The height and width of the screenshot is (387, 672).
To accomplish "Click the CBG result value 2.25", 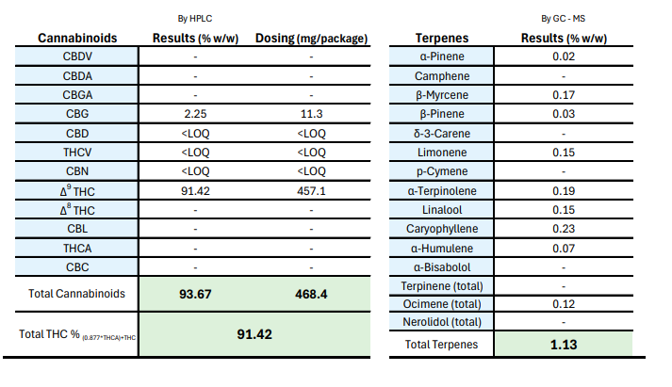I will [194, 114].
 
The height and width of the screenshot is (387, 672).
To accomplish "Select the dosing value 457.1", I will [310, 190].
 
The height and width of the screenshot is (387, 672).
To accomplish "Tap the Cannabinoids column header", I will [76, 38].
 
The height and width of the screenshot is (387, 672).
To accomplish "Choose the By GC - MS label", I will [562, 17].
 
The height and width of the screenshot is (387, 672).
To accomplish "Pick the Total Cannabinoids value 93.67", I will [194, 294].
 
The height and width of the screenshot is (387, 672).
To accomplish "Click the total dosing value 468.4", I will [310, 294].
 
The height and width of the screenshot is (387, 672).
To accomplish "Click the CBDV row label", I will [77, 56].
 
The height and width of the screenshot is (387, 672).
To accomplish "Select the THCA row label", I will [77, 248].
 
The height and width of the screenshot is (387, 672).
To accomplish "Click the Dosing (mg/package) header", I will [311, 38].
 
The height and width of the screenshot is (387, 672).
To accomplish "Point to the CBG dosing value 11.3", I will [310, 114].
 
